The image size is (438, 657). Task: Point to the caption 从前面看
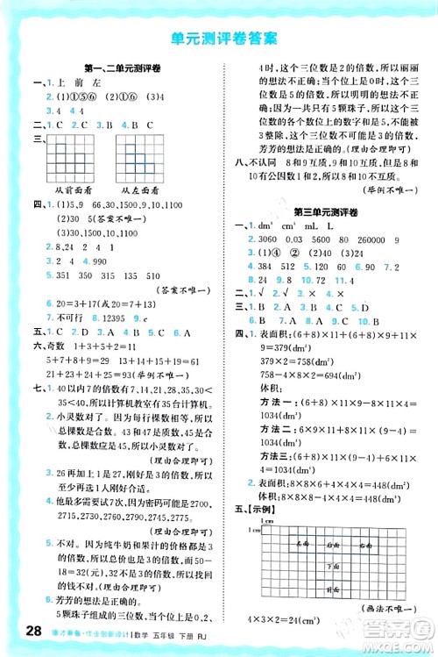pyautogui.click(x=73, y=189)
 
